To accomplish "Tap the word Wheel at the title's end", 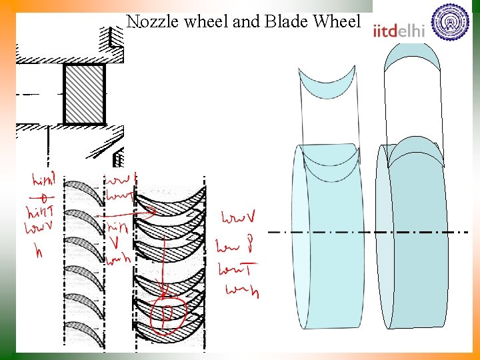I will coord(337,21).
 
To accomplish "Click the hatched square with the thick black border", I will coord(84,94).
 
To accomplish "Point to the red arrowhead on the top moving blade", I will coord(153,211).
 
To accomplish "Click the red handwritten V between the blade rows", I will coord(118,241).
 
